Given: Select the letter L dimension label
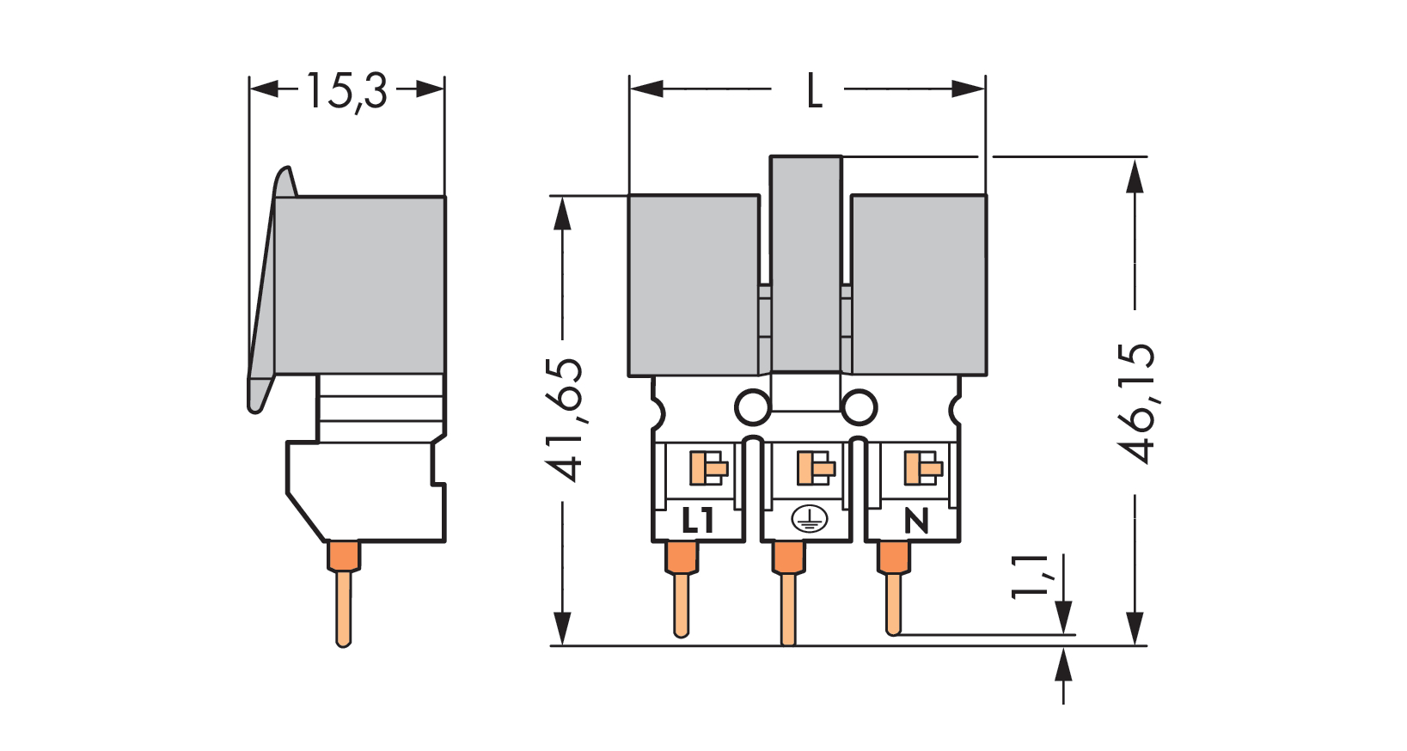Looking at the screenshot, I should click(814, 90).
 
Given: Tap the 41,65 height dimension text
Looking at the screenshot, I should click(565, 419).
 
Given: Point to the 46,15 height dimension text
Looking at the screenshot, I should click(1136, 402).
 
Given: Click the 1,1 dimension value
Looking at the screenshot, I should click(1030, 576).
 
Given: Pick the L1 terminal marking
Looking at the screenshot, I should click(697, 520).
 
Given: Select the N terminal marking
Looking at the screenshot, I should click(916, 520).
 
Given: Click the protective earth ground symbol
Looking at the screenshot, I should click(808, 519).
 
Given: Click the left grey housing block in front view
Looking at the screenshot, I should click(694, 284).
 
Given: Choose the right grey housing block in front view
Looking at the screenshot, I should click(918, 284).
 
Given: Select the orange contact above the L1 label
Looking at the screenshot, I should click(708, 468).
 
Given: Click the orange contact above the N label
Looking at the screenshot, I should click(922, 468).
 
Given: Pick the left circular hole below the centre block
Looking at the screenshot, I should click(752, 407).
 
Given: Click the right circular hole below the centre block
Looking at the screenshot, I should click(859, 407).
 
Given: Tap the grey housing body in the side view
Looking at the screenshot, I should click(359, 284).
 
